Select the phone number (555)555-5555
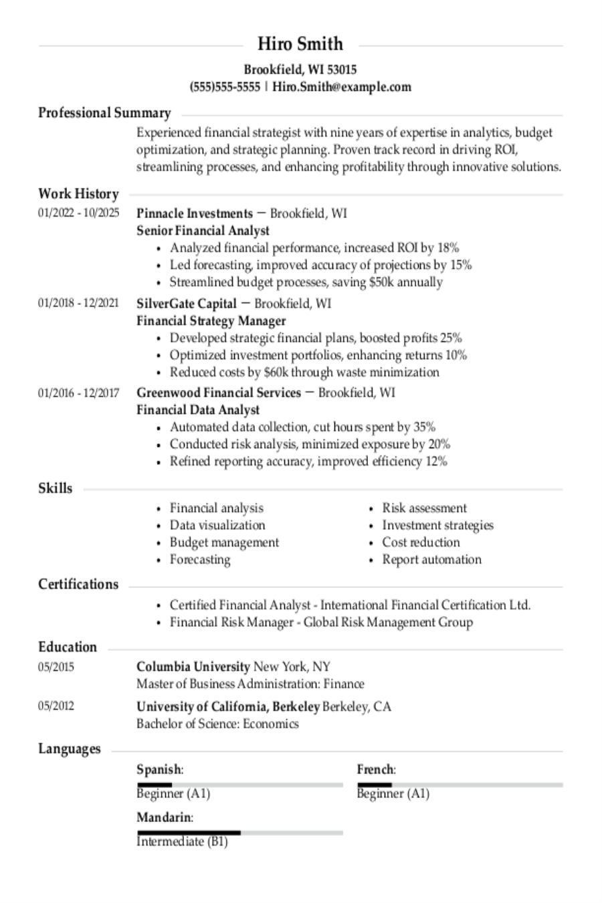pyautogui.click(x=225, y=87)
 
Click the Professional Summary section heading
pyautogui.click(x=104, y=112)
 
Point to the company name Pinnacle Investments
pyautogui.click(x=194, y=213)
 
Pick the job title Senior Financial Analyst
pyautogui.click(x=203, y=231)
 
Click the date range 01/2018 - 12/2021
pyautogui.click(x=78, y=304)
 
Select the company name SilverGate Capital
pyautogui.click(x=187, y=304)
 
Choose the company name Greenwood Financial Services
pyautogui.click(x=219, y=393)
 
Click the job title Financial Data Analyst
pyautogui.click(x=198, y=409)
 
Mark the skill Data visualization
pyautogui.click(x=217, y=525)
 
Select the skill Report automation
pyautogui.click(x=431, y=559)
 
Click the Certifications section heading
pyautogui.click(x=78, y=584)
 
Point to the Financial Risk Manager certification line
pyautogui.click(x=321, y=622)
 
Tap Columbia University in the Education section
pyautogui.click(x=193, y=666)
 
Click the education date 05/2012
pyautogui.click(x=56, y=706)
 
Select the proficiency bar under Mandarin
pyautogui.click(x=239, y=833)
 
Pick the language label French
pyautogui.click(x=375, y=770)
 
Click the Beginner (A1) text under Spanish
pyautogui.click(x=173, y=794)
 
